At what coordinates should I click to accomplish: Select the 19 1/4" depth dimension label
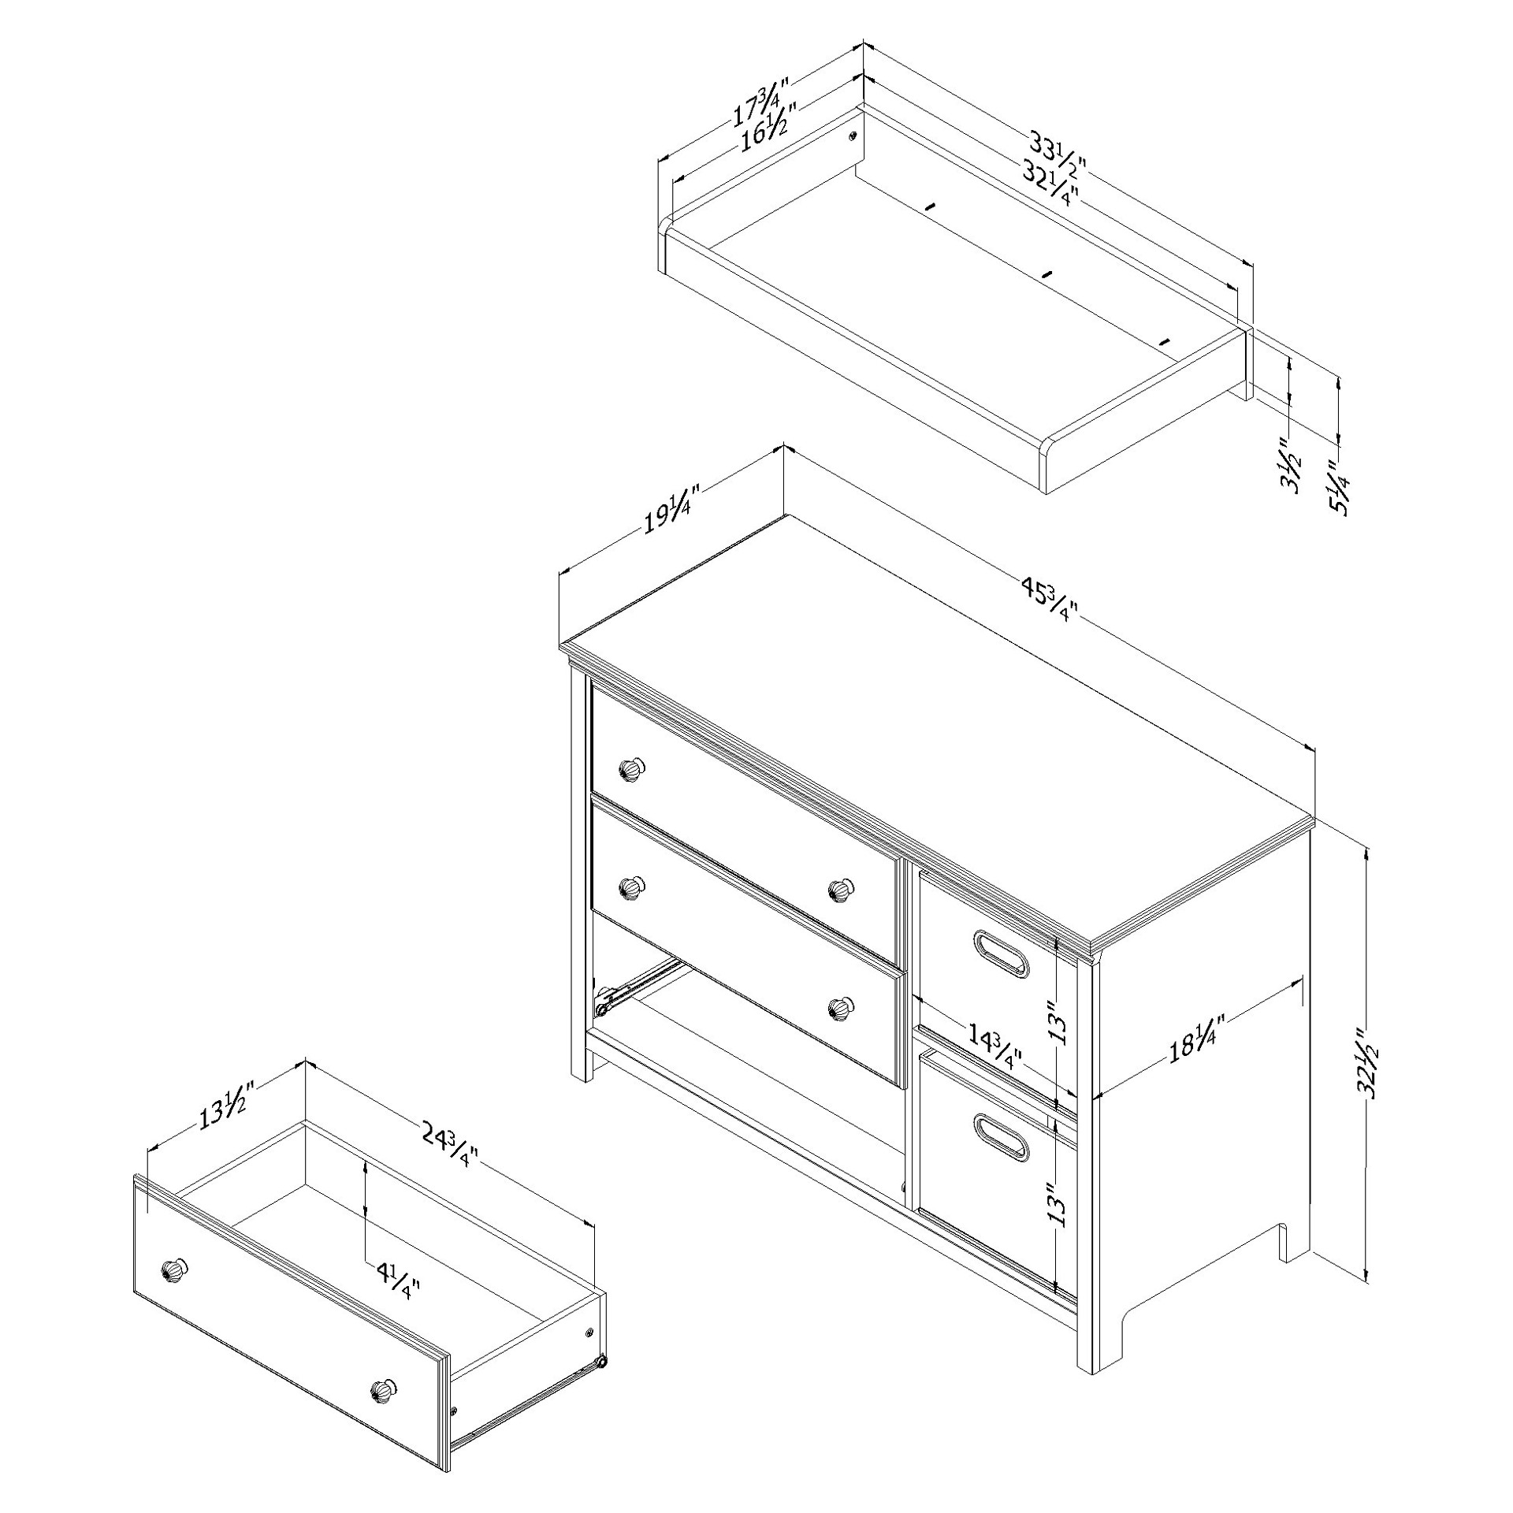tap(667, 511)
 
